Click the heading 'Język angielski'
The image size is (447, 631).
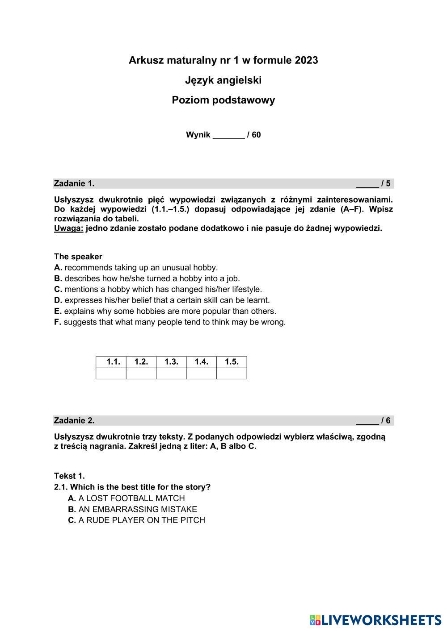[223, 80]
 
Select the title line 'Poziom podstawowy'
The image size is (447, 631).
[223, 100]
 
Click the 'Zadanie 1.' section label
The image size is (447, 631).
[74, 183]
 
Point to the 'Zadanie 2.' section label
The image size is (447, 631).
[74, 420]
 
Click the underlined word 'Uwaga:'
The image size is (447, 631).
[68, 228]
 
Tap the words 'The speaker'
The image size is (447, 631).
[78, 257]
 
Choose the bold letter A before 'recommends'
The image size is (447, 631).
[58, 268]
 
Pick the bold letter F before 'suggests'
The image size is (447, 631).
[57, 322]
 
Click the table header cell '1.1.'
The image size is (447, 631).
[111, 362]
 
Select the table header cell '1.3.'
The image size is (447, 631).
[171, 362]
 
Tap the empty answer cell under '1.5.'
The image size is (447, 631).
[232, 373]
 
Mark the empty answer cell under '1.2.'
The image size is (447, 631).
[141, 373]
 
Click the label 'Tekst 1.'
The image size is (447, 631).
[69, 476]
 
